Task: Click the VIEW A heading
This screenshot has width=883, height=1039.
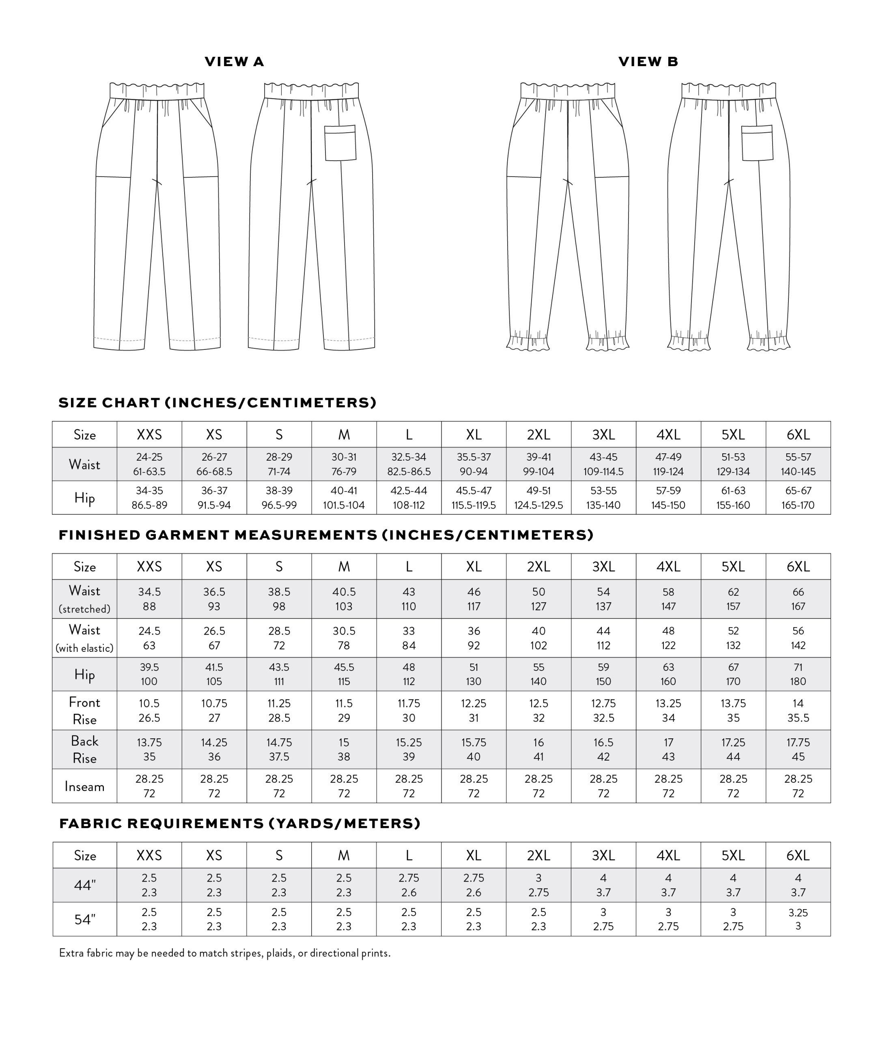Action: click(234, 62)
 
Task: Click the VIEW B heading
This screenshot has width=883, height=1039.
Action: click(648, 62)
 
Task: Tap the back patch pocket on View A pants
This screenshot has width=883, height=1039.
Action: click(340, 143)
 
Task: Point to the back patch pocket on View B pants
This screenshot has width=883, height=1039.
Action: click(757, 143)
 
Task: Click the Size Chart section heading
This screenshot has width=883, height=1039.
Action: click(217, 403)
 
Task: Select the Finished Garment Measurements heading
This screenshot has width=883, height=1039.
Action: click(326, 535)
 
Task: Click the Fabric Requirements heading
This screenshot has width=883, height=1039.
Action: click(240, 823)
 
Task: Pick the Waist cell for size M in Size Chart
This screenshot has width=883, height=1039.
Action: click(344, 464)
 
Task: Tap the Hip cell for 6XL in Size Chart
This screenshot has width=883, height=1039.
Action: click(798, 498)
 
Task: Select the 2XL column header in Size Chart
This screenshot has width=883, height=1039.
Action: click(538, 435)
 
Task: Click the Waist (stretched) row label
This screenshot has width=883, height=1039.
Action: click(84, 599)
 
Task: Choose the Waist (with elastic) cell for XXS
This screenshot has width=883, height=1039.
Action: click(149, 638)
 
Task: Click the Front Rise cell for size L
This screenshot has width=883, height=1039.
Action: click(409, 711)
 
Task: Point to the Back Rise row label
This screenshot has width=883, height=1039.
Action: click(84, 749)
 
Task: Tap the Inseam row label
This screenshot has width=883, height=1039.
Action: click(84, 786)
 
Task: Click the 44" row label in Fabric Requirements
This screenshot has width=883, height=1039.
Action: click(84, 885)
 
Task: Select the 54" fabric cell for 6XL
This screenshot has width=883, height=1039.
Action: click(798, 919)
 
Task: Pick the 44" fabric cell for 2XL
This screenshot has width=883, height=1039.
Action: click(538, 885)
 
